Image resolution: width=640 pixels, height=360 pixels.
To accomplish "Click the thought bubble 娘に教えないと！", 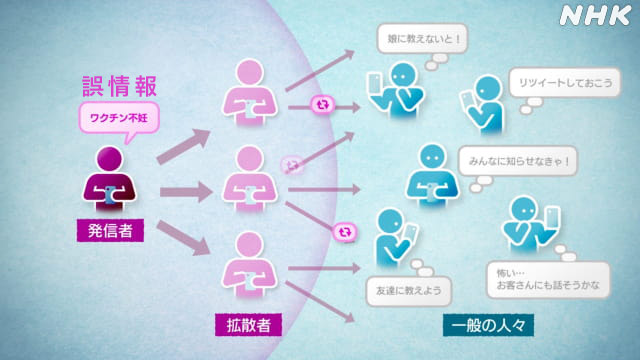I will [x=419, y=42].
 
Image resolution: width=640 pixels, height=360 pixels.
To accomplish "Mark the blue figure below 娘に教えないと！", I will [x=398, y=95].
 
